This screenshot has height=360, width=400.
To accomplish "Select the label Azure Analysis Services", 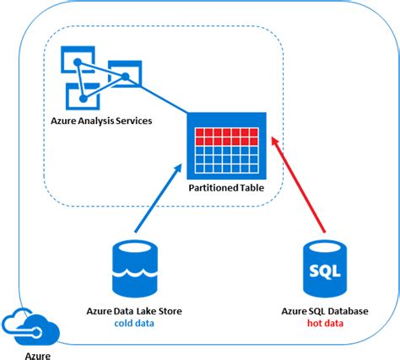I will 100,121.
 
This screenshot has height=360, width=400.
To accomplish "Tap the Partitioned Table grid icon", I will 226,145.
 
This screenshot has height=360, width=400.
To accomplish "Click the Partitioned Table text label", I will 226,189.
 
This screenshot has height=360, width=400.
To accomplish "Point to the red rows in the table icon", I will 226,137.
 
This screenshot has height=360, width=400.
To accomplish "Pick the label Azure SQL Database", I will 325,311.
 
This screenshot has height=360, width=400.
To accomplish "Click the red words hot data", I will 325,324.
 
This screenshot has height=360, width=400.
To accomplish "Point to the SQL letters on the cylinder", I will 325,272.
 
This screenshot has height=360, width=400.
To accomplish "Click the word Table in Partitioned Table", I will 249,189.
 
